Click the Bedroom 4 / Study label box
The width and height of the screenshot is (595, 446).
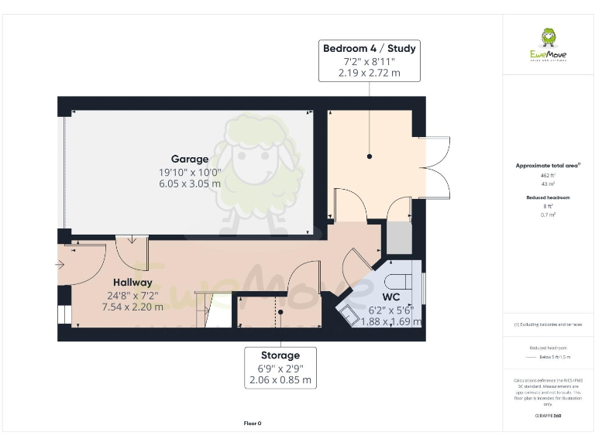[x=370, y=60]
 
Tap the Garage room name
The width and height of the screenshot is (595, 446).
[x=190, y=160]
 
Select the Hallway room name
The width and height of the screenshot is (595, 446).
[x=132, y=283]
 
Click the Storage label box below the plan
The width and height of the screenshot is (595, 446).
[x=280, y=368]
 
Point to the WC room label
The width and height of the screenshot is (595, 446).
[x=391, y=297]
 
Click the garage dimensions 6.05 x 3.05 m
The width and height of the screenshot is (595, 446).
[x=190, y=184]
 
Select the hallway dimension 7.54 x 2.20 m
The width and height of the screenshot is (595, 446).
[x=132, y=307]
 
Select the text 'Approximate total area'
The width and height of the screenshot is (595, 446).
[x=547, y=166]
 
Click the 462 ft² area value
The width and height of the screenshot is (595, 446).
[x=547, y=176]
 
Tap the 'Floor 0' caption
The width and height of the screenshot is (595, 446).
[x=253, y=424]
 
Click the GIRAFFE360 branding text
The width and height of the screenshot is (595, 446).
[x=548, y=416]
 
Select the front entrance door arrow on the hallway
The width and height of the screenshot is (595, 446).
[x=61, y=265]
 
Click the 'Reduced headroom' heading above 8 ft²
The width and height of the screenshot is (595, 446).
[x=548, y=197]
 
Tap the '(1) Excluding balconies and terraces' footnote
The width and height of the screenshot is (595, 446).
[x=548, y=324]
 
